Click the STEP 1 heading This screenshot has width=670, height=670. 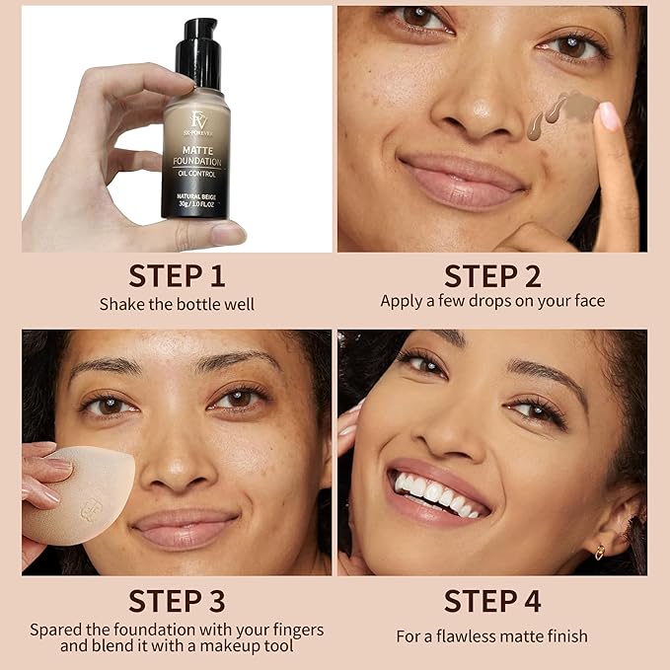(177, 275)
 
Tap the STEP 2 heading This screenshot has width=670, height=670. (492, 275)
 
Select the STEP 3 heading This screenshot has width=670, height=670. (177, 600)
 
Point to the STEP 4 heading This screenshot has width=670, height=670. (492, 600)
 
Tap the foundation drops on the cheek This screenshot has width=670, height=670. (562, 112)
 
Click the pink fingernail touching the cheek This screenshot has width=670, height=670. (610, 116)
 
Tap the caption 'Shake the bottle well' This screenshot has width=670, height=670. (177, 304)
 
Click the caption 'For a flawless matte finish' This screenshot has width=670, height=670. (492, 636)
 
